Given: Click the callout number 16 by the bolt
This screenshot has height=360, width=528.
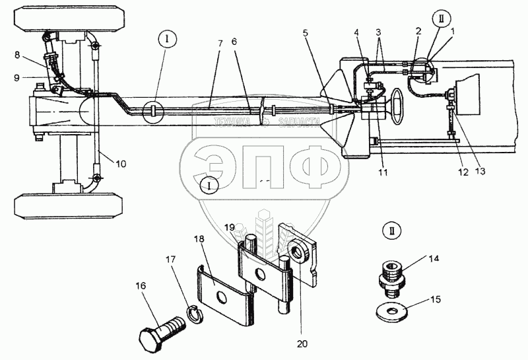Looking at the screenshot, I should coord(141,286).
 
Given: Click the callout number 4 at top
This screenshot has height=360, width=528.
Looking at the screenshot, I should coord(356,32).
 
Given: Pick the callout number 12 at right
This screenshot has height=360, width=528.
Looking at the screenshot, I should coord(463,172).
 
